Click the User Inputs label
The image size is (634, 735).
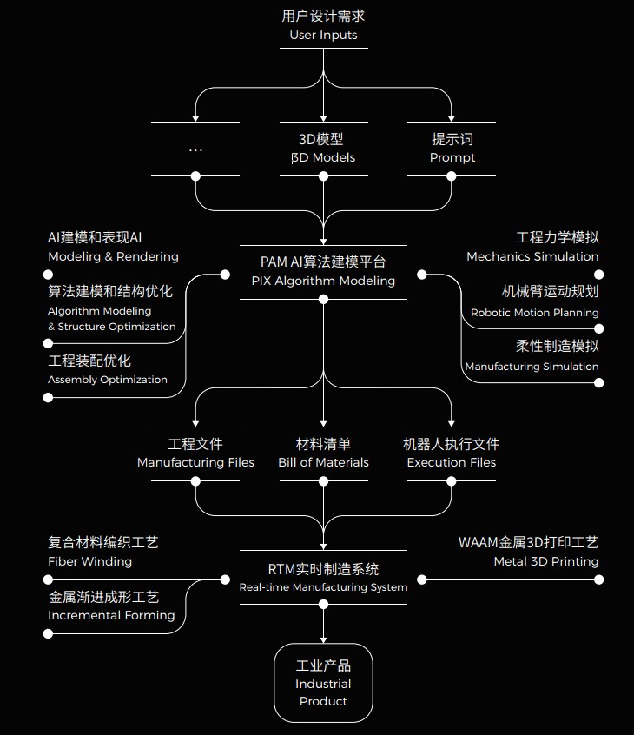(323, 36)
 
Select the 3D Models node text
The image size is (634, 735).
(323, 157)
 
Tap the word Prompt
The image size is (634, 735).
(452, 157)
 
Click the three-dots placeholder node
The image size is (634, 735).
(195, 149)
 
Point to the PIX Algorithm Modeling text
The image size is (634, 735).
(323, 281)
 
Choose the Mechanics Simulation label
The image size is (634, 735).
(532, 256)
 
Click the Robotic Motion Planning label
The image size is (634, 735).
(534, 312)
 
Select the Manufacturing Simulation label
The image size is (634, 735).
(532, 367)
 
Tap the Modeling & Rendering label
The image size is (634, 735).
(113, 256)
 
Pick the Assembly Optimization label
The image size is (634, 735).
(108, 380)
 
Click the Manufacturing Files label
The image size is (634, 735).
(195, 462)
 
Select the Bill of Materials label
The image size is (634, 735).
(323, 462)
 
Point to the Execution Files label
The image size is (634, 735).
(452, 462)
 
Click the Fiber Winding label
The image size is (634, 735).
(89, 561)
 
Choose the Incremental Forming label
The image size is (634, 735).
(111, 615)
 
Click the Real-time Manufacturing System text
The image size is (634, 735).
(323, 587)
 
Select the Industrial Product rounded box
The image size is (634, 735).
(323, 683)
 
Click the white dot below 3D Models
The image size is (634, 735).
(323, 175)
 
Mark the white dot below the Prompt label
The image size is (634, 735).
(452, 175)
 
